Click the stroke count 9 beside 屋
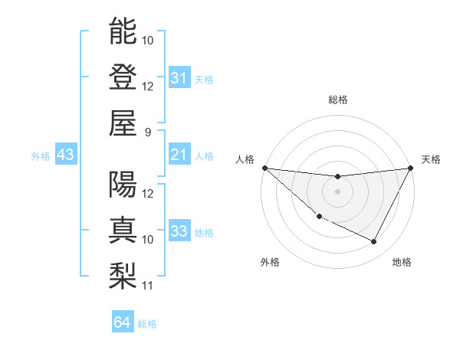148,132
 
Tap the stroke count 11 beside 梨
148,286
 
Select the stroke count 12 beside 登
148,86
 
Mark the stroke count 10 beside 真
148,240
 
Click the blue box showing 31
179,78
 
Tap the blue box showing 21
179,155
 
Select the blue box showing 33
179,232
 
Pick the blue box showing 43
65,155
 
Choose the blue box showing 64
122,322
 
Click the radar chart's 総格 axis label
337,100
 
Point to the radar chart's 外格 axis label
269,262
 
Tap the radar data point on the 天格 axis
411,168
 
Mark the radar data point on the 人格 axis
264,168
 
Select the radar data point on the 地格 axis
374,242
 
